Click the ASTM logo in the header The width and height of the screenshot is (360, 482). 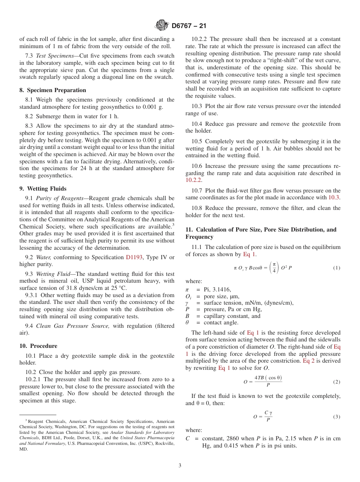coord(162,25)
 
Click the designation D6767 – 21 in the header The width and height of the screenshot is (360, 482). coord(189,26)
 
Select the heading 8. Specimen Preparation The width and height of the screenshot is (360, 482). coord(53,90)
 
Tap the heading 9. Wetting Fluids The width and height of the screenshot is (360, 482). coord(43,188)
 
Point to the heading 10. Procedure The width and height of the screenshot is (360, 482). coord(38,346)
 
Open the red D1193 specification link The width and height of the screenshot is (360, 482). coord(134,257)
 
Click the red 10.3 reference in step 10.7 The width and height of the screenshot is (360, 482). coord(333,197)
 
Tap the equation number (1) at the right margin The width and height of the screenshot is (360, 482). coord(337,268)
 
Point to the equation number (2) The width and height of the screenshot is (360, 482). coord(337,382)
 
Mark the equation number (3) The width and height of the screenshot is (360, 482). coord(337,417)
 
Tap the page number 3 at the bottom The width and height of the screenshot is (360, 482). coord(180,466)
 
